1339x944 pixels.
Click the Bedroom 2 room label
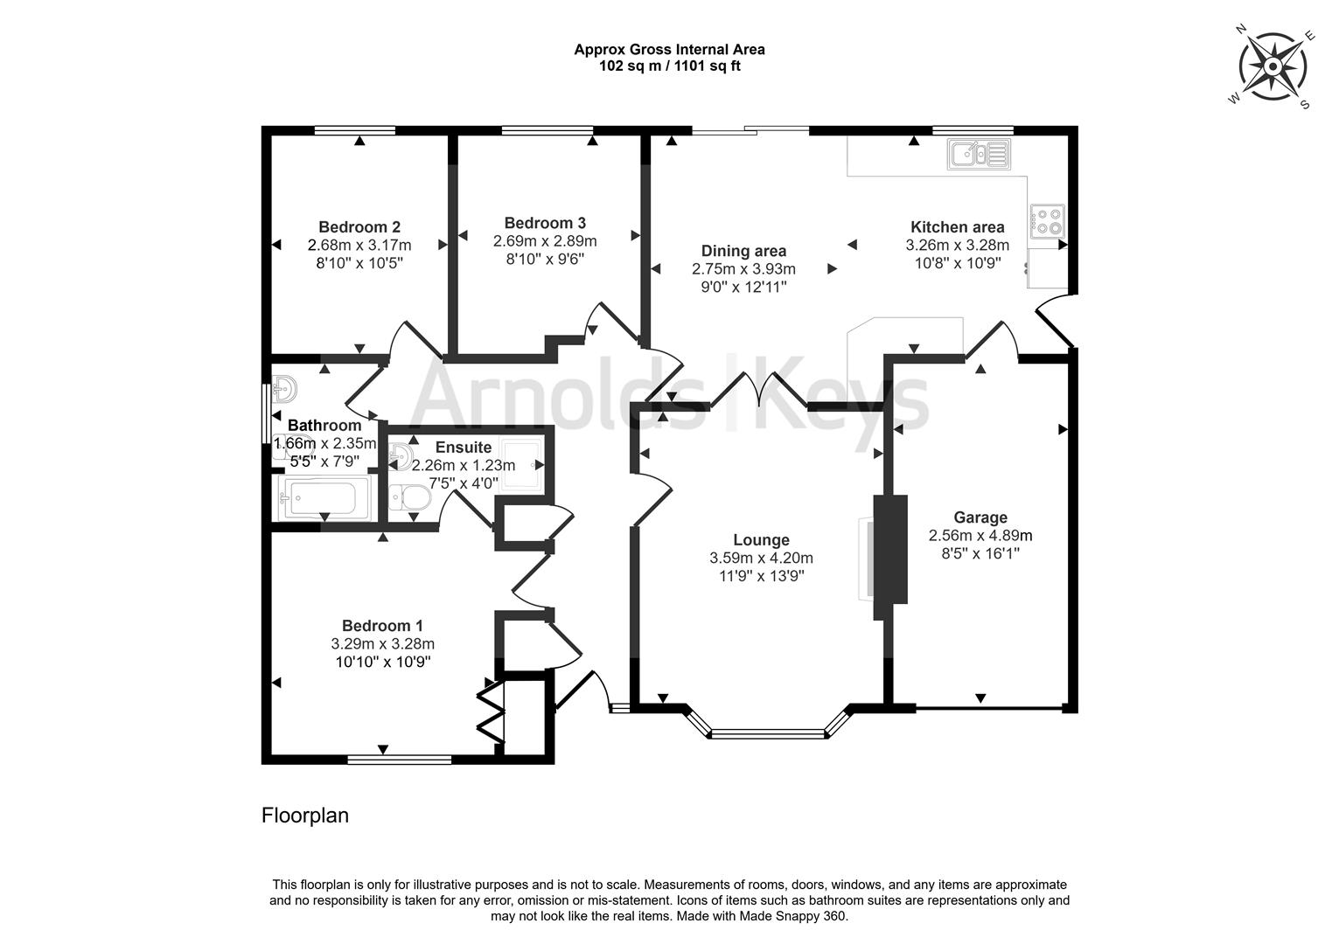(359, 227)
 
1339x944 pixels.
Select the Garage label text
(980, 517)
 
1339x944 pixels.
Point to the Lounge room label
(761, 540)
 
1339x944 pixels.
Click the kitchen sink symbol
(978, 155)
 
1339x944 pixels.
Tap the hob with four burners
(1047, 220)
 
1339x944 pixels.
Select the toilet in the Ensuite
(410, 497)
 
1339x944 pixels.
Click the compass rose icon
(1273, 66)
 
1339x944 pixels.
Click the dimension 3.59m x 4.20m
(761, 558)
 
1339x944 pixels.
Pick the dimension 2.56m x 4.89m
(980, 535)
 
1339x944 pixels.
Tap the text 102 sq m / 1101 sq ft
(669, 66)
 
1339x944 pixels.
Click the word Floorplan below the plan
(305, 816)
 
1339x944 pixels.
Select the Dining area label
(743, 252)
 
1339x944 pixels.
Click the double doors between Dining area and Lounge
(758, 391)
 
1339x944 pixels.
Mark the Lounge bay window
(767, 732)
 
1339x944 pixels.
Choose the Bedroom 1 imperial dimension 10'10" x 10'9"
(382, 662)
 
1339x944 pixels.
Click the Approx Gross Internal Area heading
(669, 50)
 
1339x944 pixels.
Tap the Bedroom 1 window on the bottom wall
(399, 760)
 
